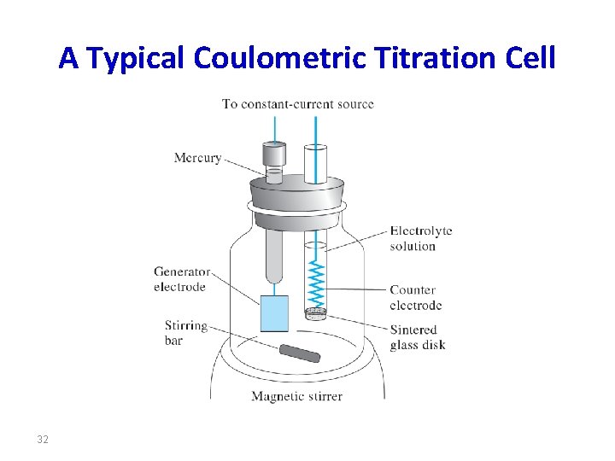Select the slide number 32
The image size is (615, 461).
(43, 440)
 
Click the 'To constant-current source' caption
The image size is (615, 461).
(298, 104)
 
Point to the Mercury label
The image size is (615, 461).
(197, 157)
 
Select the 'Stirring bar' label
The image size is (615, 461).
(185, 332)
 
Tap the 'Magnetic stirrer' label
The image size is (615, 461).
(296, 396)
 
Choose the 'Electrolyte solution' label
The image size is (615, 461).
(420, 238)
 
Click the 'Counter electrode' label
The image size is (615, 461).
(415, 297)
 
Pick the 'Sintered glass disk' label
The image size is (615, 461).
(417, 337)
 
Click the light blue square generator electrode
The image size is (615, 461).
(274, 313)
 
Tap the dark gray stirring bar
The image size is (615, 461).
(299, 353)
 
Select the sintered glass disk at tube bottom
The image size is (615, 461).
(316, 314)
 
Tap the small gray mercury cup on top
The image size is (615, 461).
(273, 157)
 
